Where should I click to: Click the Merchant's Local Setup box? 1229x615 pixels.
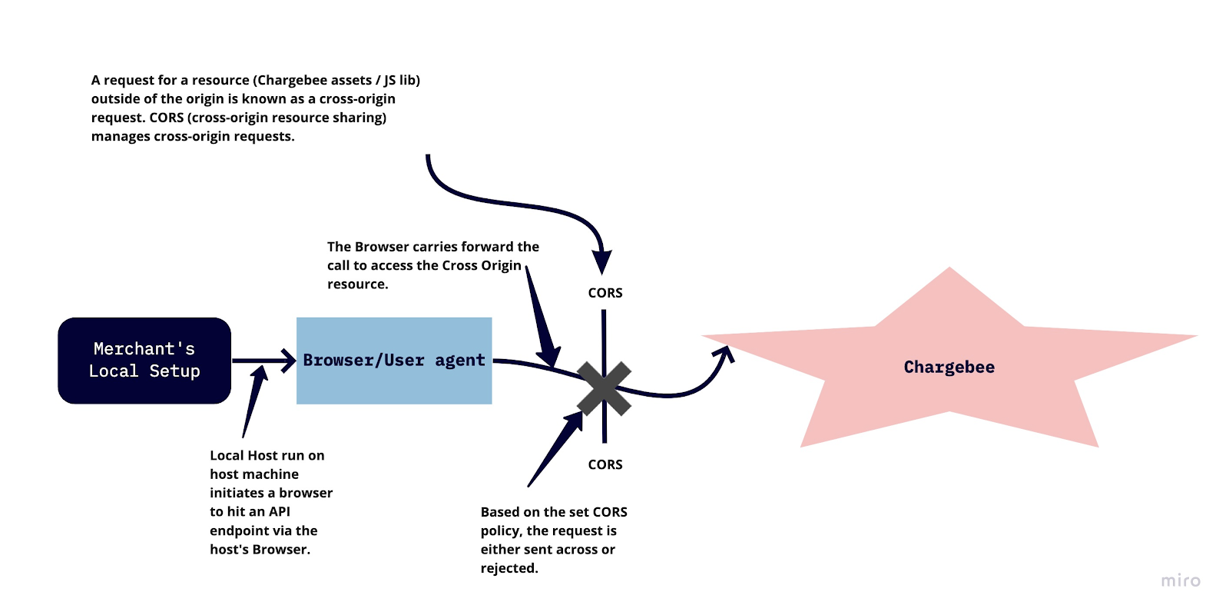click(x=144, y=361)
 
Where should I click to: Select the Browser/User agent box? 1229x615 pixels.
click(x=394, y=361)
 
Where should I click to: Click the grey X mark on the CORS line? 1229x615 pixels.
click(x=605, y=388)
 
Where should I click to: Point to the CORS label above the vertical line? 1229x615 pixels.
click(x=605, y=293)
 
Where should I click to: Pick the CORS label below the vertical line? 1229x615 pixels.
click(x=605, y=464)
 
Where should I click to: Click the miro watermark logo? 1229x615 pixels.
click(x=1181, y=580)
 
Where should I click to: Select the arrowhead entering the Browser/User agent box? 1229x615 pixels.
click(x=290, y=361)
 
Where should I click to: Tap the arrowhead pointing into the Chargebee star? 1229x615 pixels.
click(x=724, y=354)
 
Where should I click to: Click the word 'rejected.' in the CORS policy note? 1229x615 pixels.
click(x=509, y=568)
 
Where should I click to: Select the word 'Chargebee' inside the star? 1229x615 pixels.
click(x=949, y=367)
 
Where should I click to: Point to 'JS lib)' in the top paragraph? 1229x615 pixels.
click(x=402, y=80)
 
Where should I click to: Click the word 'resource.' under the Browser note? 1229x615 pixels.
click(x=358, y=284)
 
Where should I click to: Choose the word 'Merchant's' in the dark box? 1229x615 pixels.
click(x=144, y=349)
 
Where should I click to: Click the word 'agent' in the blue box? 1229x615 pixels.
click(x=460, y=361)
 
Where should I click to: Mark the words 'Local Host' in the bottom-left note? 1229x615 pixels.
click(x=243, y=455)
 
